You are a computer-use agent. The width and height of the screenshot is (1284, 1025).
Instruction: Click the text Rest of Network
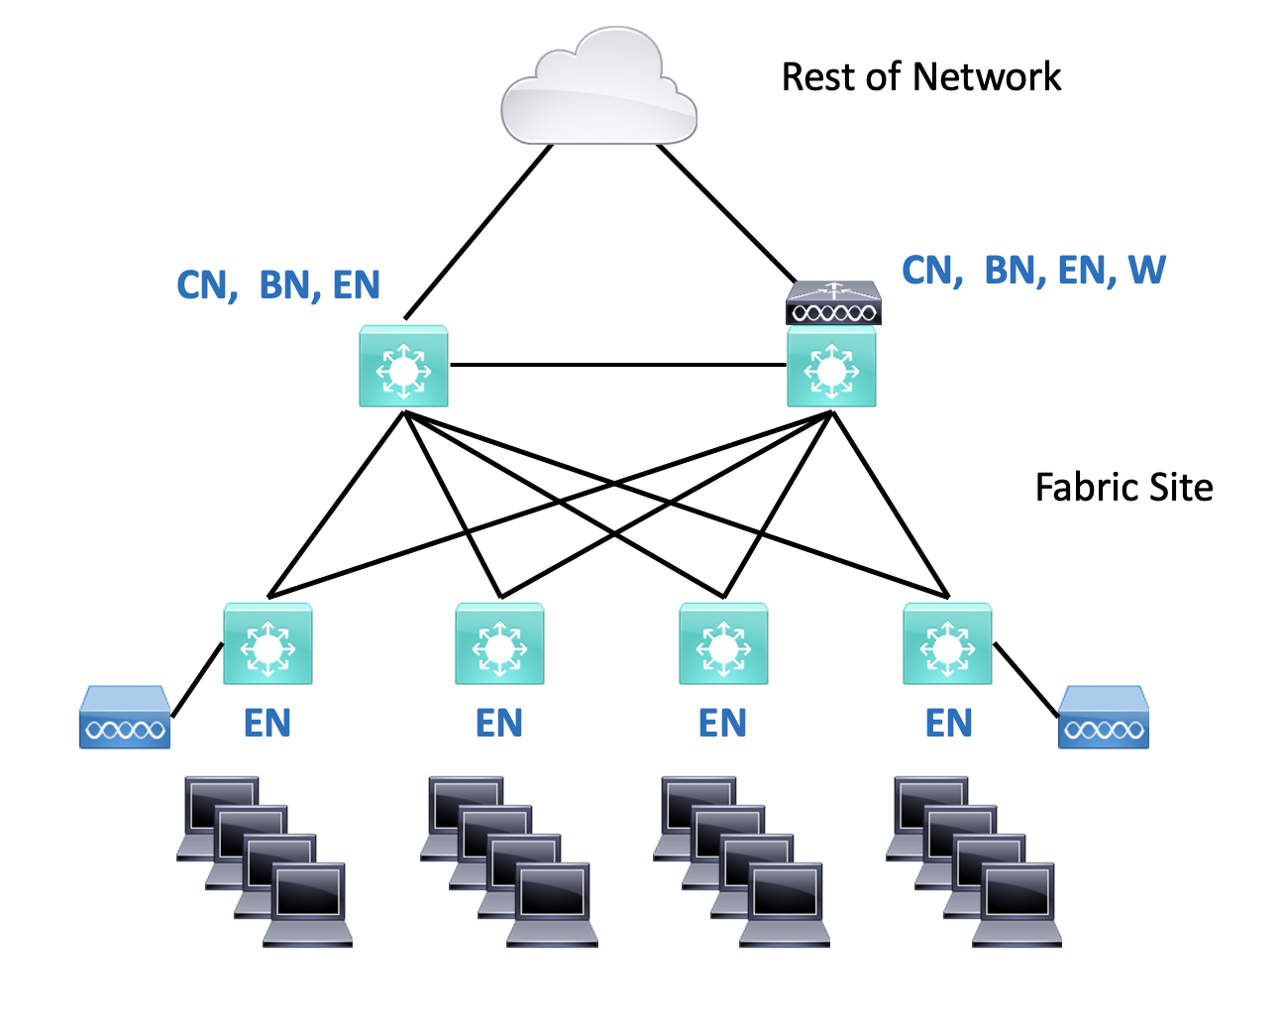click(x=920, y=77)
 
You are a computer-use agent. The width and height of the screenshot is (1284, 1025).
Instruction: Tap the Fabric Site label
click(x=1123, y=488)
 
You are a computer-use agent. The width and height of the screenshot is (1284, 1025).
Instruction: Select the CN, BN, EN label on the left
click(x=278, y=285)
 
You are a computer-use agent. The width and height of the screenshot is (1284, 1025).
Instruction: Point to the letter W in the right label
click(x=1147, y=270)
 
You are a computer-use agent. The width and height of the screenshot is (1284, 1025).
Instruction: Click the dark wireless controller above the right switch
click(x=833, y=303)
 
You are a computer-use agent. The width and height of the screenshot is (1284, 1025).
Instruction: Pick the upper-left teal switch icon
click(x=403, y=367)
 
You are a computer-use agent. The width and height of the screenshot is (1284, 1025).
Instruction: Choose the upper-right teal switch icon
click(x=831, y=369)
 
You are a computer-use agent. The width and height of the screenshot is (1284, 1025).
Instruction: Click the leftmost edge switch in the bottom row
click(x=267, y=644)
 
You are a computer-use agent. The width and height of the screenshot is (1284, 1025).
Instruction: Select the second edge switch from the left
click(x=499, y=644)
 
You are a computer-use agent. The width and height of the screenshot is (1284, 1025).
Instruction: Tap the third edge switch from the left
click(x=723, y=644)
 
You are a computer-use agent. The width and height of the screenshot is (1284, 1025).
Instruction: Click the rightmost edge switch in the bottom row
click(x=947, y=644)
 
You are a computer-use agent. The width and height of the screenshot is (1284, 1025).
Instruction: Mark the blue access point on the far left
click(x=124, y=718)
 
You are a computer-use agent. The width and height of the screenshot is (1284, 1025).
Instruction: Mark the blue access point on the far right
click(x=1104, y=718)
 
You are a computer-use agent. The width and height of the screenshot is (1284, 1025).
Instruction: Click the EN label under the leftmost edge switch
click(x=267, y=724)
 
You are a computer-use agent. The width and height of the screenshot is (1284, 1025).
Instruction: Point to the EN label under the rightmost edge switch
click(x=948, y=724)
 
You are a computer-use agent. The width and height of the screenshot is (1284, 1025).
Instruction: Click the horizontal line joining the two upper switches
click(x=617, y=365)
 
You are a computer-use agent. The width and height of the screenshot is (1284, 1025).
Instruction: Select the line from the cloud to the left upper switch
click(x=478, y=231)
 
